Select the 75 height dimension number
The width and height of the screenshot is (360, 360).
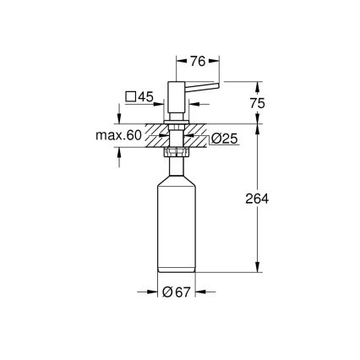pyautogui.click(x=260, y=102)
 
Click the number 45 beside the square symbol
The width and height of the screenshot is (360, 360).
pyautogui.click(x=145, y=97)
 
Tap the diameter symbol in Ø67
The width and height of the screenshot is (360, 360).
pyautogui.click(x=168, y=292)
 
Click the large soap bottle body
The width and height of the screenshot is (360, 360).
pyautogui.click(x=178, y=228)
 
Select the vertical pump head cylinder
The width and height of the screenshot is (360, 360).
pyautogui.click(x=179, y=101)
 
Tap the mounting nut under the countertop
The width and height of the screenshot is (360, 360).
pyautogui.click(x=178, y=153)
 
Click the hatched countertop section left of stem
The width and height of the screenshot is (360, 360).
pyautogui.click(x=156, y=134)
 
